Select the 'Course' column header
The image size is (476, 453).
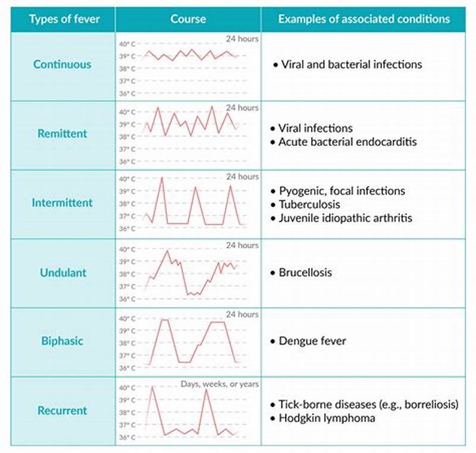[188, 19]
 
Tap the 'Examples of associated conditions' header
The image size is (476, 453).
[364, 19]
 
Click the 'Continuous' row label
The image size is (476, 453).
[62, 64]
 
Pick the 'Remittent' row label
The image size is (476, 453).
[62, 133]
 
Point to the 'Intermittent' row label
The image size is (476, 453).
[62, 202]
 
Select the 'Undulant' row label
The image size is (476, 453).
[62, 273]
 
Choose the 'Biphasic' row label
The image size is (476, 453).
[62, 341]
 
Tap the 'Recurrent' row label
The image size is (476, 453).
[62, 410]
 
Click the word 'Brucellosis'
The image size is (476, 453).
[305, 273]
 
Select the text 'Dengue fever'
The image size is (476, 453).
[312, 341]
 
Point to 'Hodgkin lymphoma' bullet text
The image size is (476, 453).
[327, 418]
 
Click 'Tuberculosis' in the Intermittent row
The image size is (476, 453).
[309, 204]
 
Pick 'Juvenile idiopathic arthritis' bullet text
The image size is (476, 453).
[345, 218]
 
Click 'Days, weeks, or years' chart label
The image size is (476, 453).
[220, 385]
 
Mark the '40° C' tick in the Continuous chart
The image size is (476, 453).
[127, 43]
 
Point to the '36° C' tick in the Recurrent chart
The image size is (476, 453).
[127, 438]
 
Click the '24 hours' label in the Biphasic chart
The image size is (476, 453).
[242, 314]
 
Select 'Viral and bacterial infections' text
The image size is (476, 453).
[350, 64]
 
